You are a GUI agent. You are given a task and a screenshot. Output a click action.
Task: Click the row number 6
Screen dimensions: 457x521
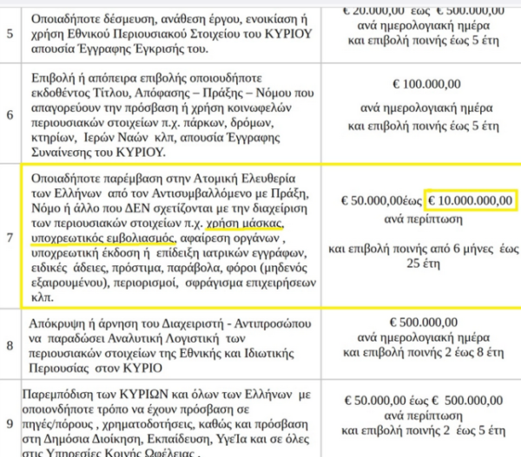(x=10, y=114)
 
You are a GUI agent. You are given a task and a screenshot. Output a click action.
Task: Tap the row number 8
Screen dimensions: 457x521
(x=10, y=345)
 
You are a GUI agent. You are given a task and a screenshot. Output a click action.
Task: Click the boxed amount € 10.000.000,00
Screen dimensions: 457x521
(x=472, y=200)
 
